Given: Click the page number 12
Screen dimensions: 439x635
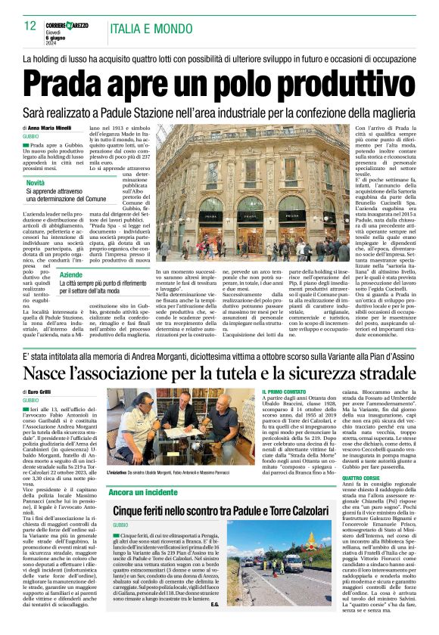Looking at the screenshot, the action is pyautogui.click(x=30, y=26).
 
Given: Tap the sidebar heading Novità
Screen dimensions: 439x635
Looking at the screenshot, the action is pyautogui.click(x=35, y=183).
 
